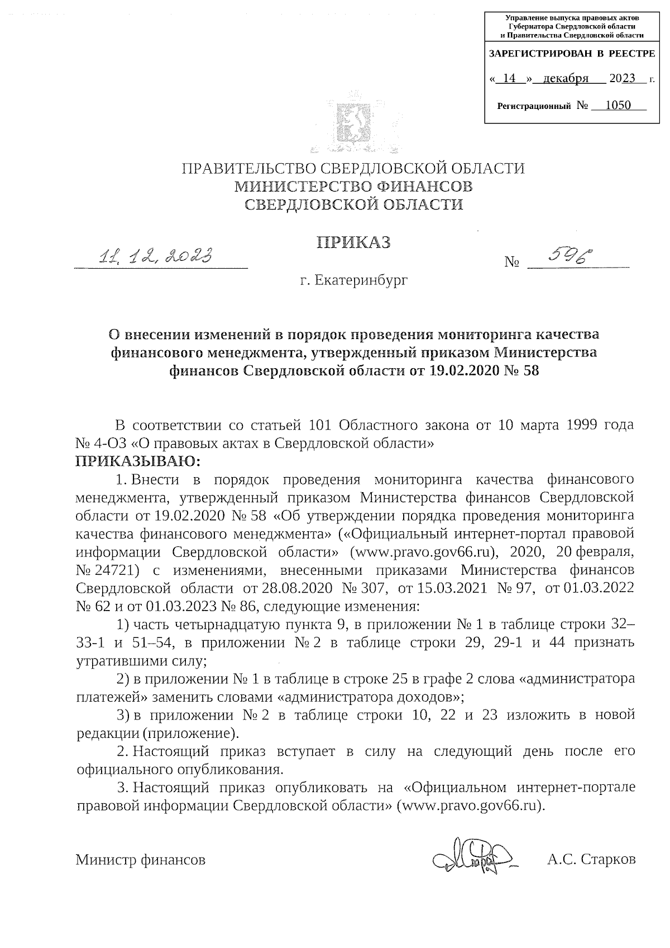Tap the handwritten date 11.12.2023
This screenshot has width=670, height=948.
157,256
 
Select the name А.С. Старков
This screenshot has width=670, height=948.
591,860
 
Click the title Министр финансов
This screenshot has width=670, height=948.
141,860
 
